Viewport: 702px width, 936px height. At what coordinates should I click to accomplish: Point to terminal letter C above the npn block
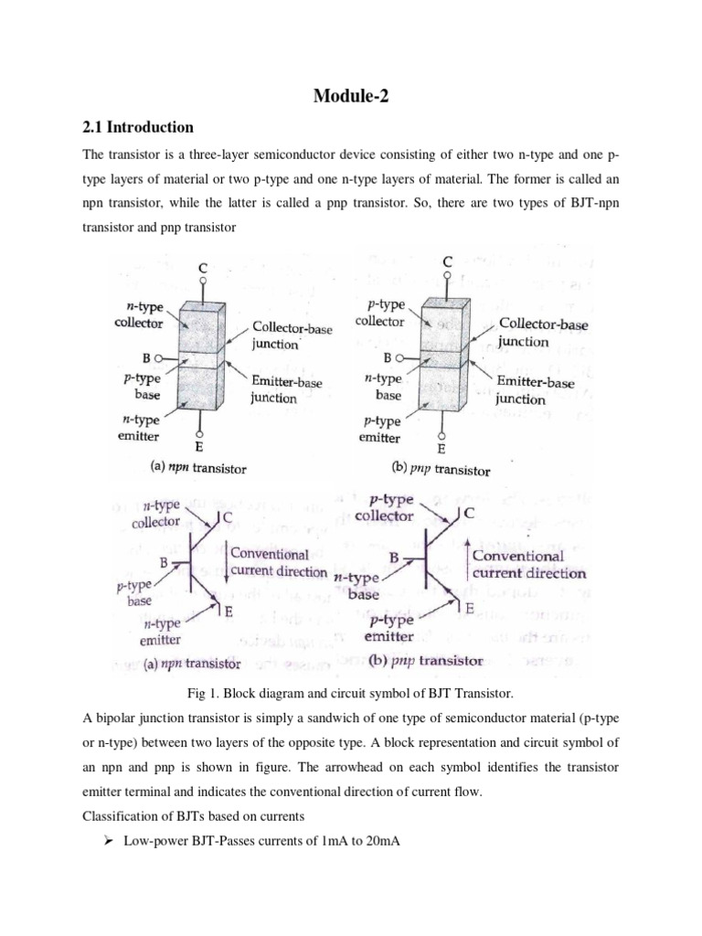[202, 268]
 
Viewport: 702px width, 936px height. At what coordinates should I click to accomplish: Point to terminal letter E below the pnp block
[442, 449]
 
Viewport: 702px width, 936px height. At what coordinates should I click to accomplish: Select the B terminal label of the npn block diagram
[146, 359]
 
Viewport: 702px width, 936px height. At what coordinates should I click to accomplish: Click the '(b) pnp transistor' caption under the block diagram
[441, 470]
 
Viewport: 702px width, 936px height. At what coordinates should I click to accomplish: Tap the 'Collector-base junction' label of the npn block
[292, 335]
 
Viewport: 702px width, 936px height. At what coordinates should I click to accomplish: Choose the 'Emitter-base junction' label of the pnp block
[534, 390]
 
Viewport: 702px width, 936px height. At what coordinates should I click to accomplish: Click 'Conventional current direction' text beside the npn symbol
[278, 563]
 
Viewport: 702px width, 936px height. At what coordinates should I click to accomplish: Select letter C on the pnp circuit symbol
[469, 514]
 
